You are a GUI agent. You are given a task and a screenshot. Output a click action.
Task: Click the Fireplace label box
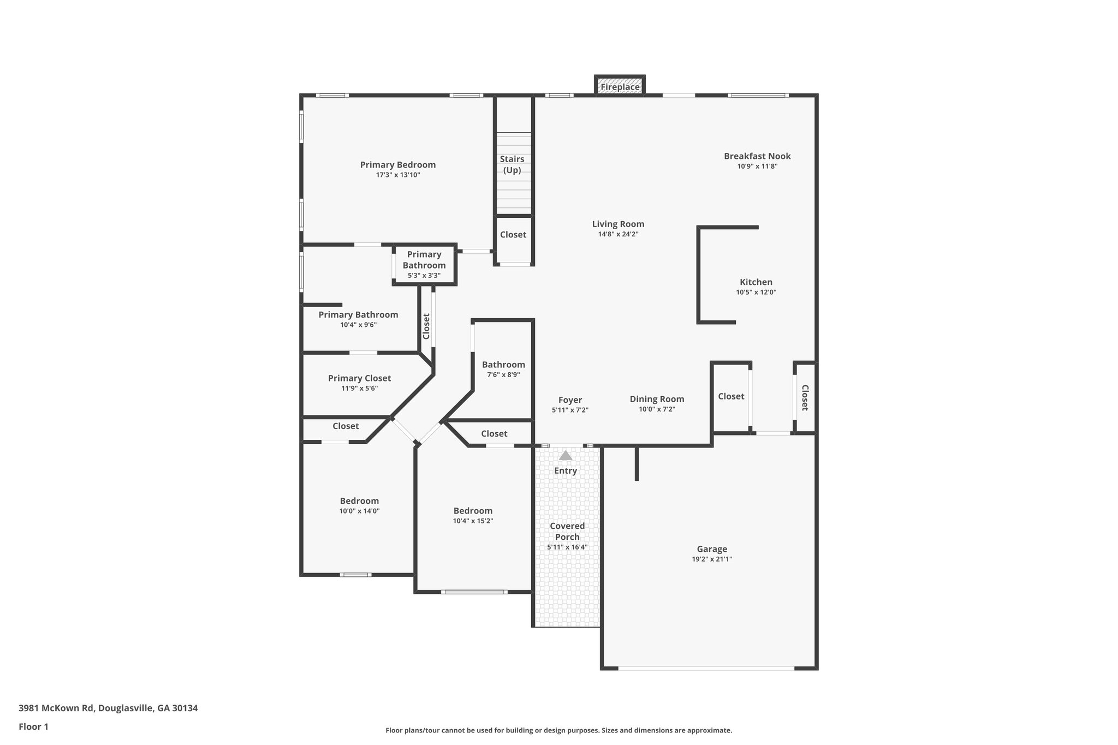pos(620,87)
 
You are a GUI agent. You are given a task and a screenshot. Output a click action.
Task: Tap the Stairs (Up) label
pos(512,164)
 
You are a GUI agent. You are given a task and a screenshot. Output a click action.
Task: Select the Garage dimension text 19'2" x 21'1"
pos(712,559)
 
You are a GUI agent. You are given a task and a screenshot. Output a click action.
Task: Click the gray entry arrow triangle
pos(566,455)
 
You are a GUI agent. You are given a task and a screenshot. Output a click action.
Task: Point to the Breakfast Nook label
pos(757,156)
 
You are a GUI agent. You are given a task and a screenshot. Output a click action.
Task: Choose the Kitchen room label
pos(756,282)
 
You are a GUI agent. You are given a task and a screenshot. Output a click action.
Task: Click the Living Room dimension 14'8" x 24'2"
pos(618,234)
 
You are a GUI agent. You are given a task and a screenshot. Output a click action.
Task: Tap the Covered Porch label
pos(567,531)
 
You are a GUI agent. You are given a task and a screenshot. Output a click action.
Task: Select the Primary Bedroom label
pos(398,165)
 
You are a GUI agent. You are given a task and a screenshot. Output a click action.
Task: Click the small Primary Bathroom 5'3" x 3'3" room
pos(424,265)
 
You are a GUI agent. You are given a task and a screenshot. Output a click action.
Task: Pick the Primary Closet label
pos(359,378)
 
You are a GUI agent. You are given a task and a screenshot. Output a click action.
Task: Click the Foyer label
pos(570,400)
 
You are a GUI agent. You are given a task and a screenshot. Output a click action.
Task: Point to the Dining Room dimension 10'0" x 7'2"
pos(657,409)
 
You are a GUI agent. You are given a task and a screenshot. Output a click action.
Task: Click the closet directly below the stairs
pos(513,235)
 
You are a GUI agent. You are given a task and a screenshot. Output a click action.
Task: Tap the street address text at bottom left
pos(108,708)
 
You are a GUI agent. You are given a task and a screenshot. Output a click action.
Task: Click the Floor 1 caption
pos(34,726)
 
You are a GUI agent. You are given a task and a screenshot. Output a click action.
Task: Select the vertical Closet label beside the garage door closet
pos(805,398)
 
